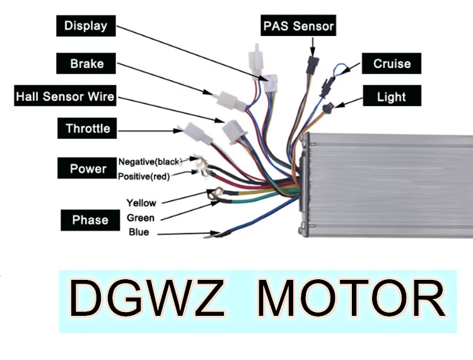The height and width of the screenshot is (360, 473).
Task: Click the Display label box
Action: click(86, 26)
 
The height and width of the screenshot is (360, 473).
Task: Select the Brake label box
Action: click(87, 64)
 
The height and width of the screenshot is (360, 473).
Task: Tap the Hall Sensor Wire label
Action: click(65, 96)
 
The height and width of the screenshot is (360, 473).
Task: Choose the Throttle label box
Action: click(88, 129)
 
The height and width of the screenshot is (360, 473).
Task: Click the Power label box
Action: click(88, 168)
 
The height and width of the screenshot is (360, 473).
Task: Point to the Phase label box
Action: click(90, 220)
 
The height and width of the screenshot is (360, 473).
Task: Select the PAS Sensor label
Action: click(298, 27)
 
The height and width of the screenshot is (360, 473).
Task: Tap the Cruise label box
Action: click(392, 64)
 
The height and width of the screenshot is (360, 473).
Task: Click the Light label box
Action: click(391, 97)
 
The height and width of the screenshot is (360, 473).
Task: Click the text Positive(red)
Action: click(144, 177)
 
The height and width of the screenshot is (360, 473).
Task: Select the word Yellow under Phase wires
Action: click(141, 203)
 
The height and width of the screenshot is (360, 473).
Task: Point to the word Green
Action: click(140, 218)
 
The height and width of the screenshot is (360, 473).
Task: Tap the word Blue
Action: click(139, 233)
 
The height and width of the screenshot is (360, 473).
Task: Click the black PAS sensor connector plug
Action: click(311, 64)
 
